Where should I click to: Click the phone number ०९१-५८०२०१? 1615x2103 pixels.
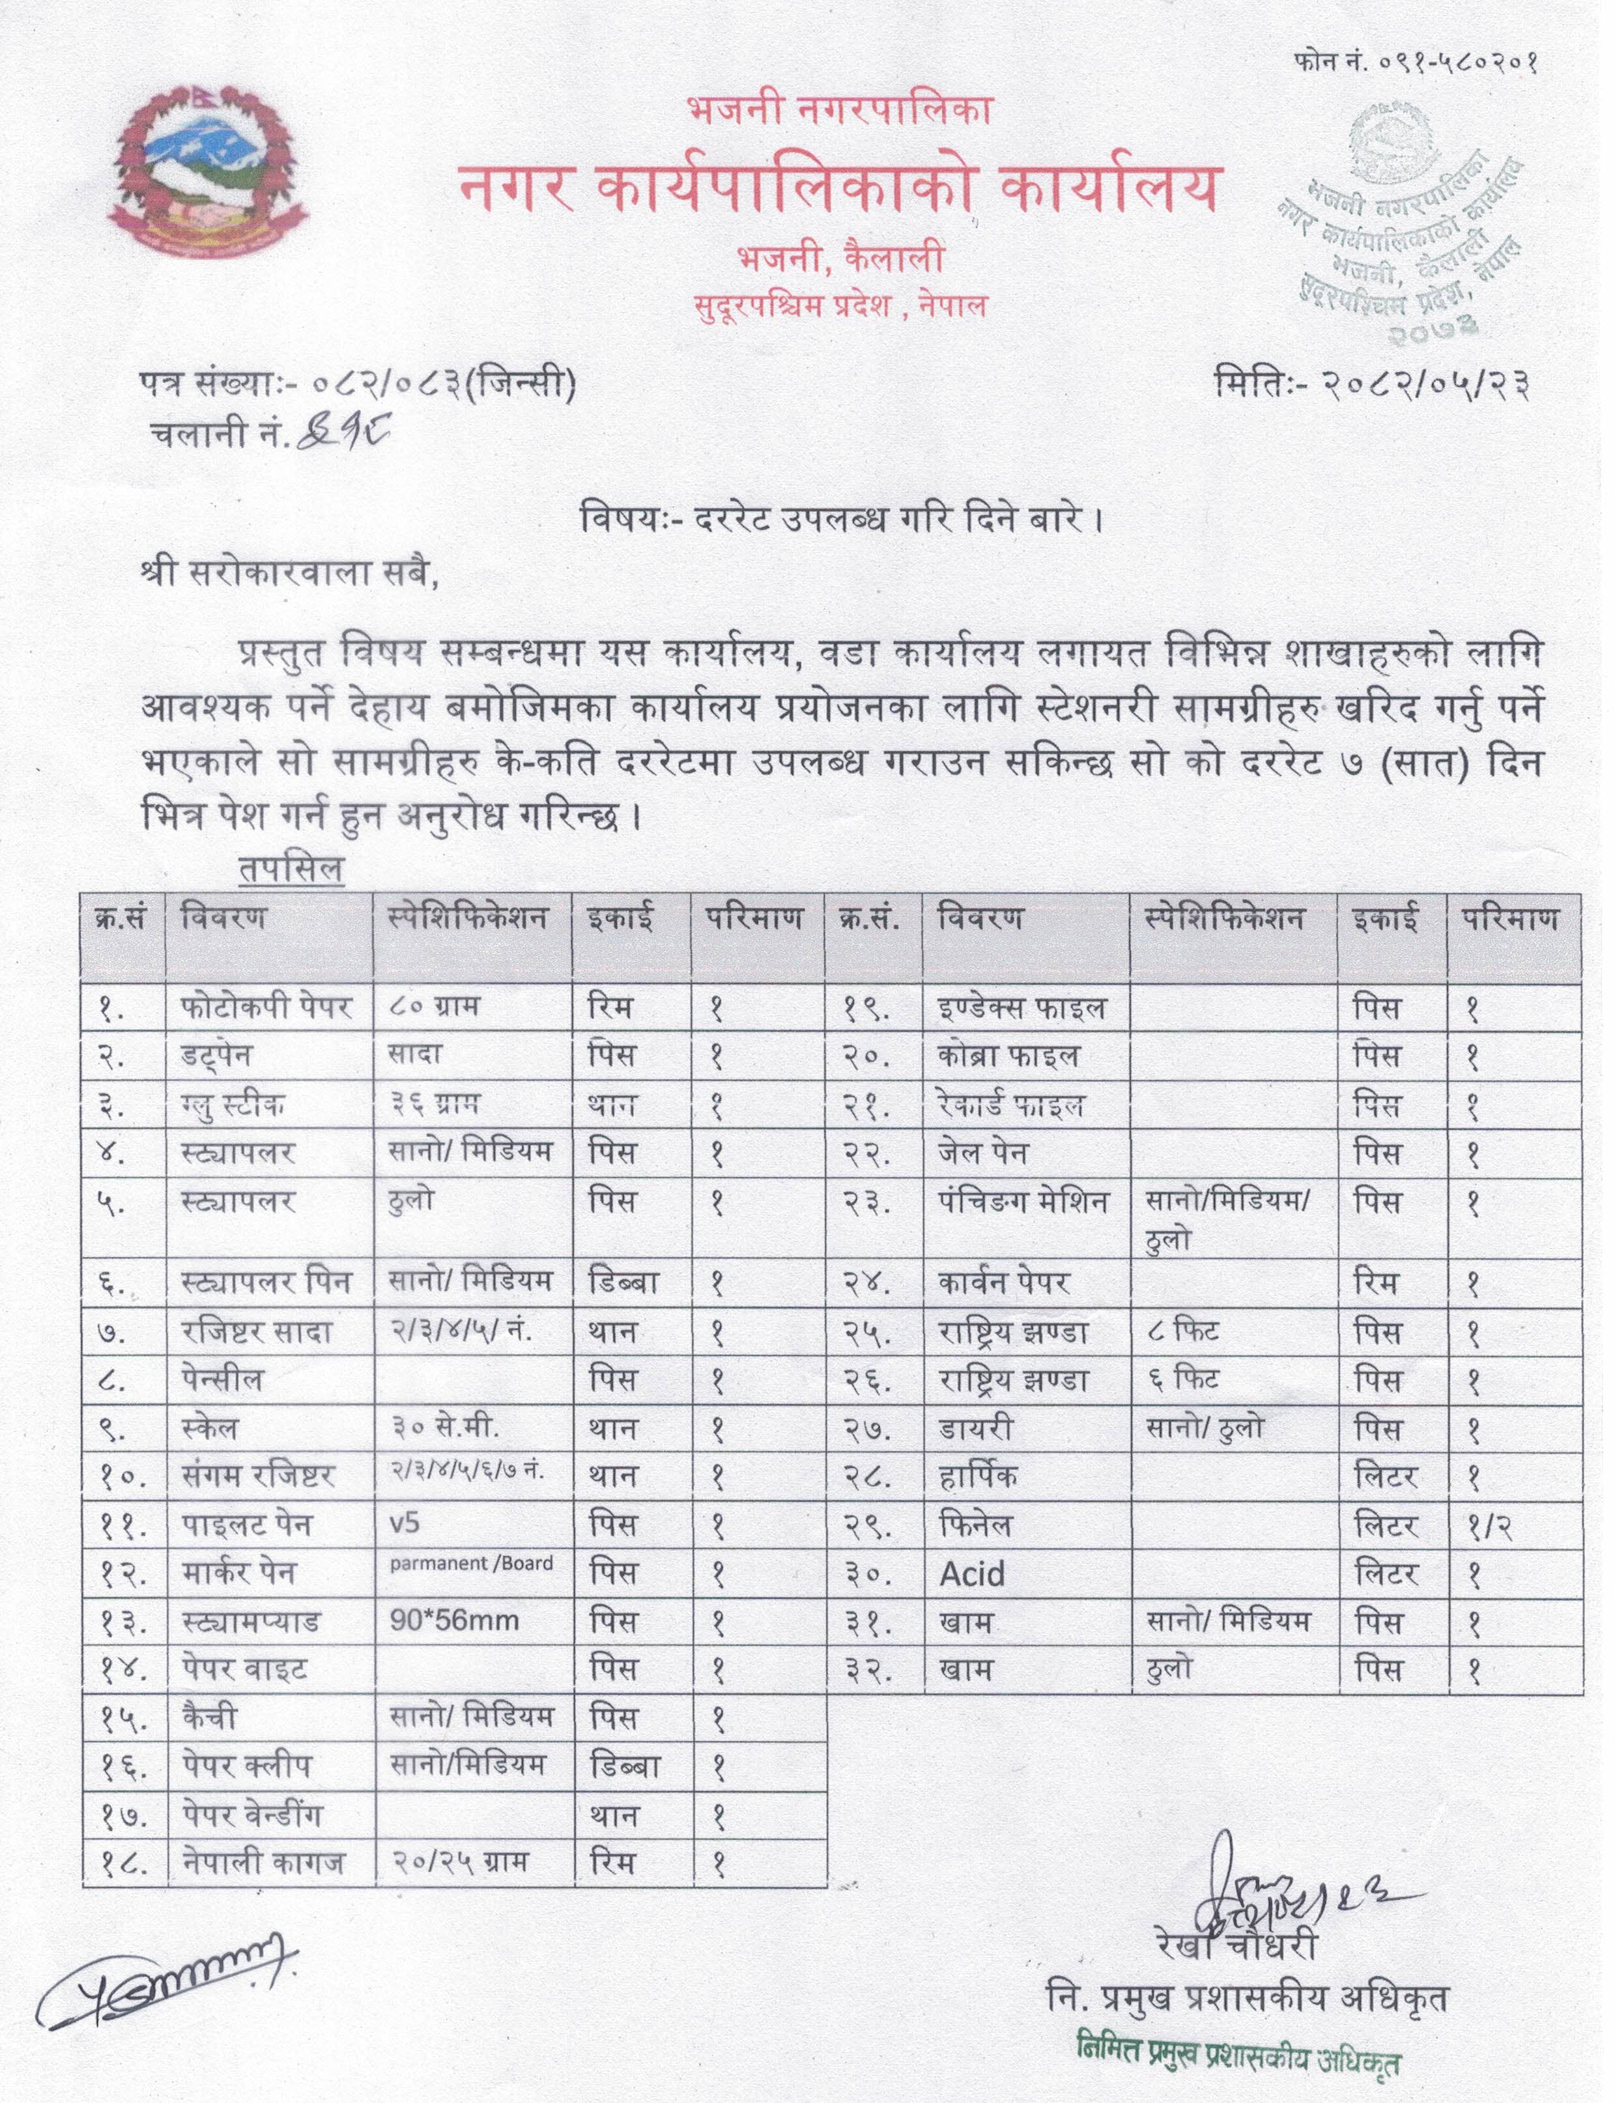click(x=1416, y=63)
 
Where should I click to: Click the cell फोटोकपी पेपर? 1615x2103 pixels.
click(x=267, y=1008)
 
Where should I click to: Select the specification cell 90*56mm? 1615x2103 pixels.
click(x=455, y=1622)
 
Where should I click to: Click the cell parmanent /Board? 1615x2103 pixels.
click(x=471, y=1564)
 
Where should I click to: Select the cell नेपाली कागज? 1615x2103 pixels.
click(x=263, y=1863)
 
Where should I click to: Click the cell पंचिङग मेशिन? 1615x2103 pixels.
click(x=1023, y=1202)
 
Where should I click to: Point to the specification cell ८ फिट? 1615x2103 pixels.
click(x=1183, y=1331)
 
